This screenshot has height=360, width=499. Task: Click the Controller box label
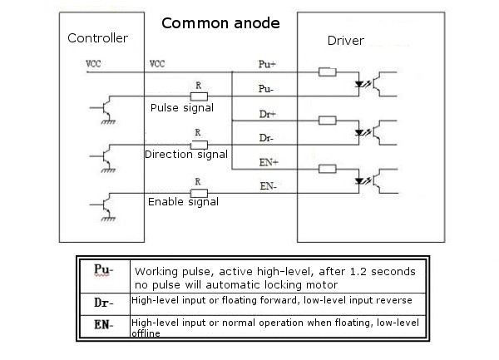click(x=97, y=38)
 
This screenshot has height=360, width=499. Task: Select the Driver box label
click(x=344, y=41)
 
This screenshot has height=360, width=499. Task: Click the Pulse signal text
click(x=181, y=107)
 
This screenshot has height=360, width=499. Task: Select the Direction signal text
click(x=185, y=155)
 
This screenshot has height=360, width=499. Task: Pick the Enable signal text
click(x=183, y=201)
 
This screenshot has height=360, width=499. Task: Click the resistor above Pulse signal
click(x=198, y=96)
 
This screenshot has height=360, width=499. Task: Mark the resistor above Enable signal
click(x=198, y=192)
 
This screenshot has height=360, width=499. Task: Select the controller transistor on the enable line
click(x=104, y=205)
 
